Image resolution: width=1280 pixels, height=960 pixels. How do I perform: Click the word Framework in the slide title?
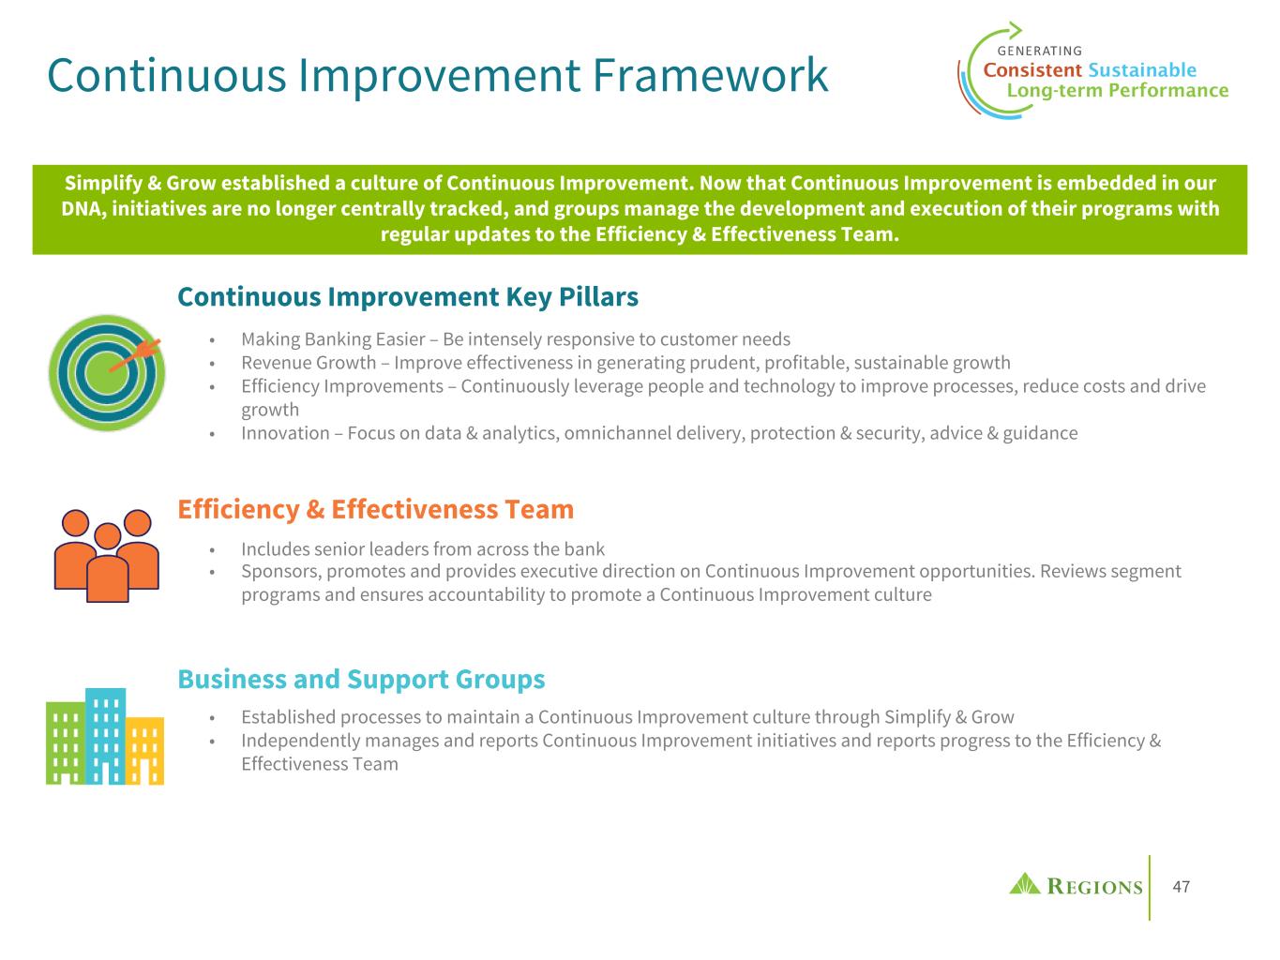[x=710, y=75]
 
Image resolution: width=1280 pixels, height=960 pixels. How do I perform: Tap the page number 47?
[x=1181, y=887]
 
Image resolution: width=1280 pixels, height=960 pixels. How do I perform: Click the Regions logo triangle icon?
[x=1024, y=884]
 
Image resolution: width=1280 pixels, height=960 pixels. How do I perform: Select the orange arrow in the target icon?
[x=135, y=355]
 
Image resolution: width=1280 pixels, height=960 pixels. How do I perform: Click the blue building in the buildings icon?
[x=106, y=736]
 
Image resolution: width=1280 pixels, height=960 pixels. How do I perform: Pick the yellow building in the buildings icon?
[x=144, y=751]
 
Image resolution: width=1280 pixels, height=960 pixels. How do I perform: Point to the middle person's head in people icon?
[x=107, y=536]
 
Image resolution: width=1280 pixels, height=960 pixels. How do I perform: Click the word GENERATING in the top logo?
[x=1039, y=52]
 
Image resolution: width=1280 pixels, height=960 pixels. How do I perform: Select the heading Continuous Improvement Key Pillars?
[x=408, y=296]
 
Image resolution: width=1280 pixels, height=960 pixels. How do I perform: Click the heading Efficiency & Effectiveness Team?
[x=375, y=509]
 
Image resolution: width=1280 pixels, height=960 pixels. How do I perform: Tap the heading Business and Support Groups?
[x=361, y=680]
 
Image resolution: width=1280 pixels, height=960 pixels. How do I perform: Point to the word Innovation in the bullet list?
[x=285, y=433]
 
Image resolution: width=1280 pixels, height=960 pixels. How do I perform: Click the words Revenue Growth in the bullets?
[x=309, y=363]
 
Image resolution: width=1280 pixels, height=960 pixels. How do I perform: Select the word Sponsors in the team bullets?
[x=281, y=571]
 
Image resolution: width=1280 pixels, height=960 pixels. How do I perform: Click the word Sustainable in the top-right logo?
[x=1142, y=70]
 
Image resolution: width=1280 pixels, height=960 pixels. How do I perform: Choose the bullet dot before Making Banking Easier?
[x=212, y=339]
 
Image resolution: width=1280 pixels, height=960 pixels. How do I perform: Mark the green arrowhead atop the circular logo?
[x=1016, y=29]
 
